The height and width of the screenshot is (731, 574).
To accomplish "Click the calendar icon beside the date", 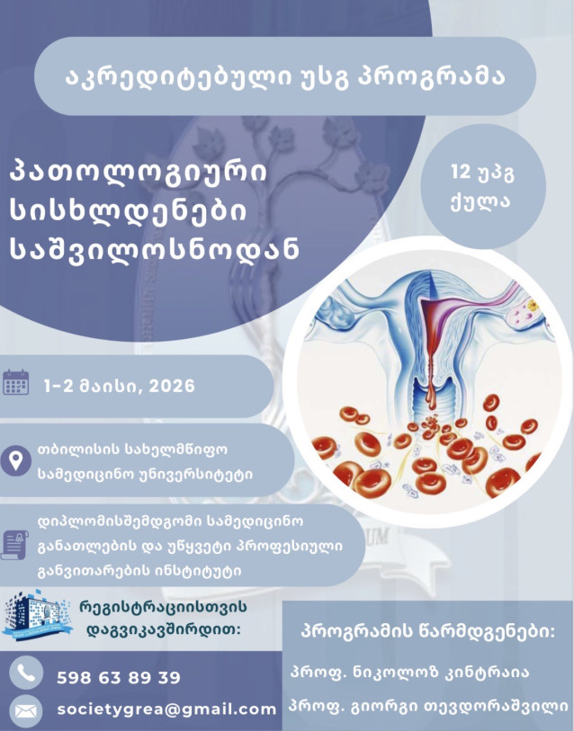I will [x=16, y=383].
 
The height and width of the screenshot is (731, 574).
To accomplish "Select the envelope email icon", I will [x=28, y=710].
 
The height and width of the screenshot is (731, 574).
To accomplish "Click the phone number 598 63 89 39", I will [x=118, y=677].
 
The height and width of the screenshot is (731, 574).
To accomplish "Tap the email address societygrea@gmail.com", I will [x=166, y=709].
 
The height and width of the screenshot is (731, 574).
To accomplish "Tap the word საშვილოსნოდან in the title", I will [x=153, y=249].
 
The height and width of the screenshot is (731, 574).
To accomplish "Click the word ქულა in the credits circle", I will [x=482, y=200].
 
